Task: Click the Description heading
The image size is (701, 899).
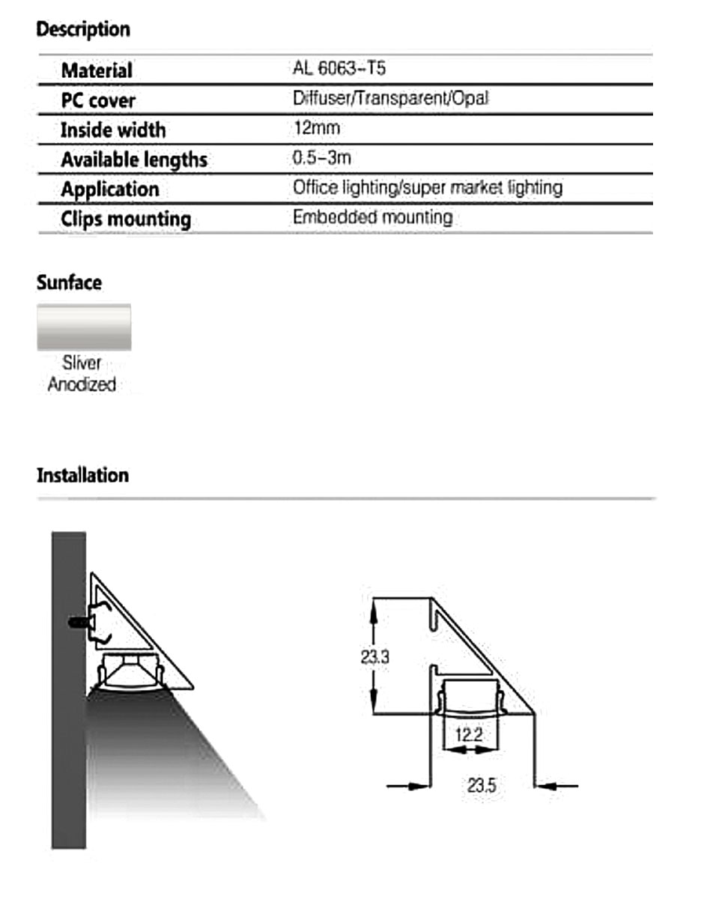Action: [x=83, y=30]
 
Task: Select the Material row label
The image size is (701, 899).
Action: [x=97, y=70]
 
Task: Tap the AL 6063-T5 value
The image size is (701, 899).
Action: [x=339, y=70]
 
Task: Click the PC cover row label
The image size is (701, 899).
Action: [x=98, y=100]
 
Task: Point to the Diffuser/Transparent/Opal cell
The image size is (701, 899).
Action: [x=391, y=99]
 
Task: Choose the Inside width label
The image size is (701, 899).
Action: [x=113, y=130]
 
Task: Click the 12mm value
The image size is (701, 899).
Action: [x=317, y=128]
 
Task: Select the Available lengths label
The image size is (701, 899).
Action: [x=134, y=160]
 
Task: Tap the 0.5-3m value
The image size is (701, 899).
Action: [x=322, y=158]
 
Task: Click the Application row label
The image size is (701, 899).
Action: [x=110, y=190]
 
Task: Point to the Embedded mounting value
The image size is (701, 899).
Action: [x=372, y=217]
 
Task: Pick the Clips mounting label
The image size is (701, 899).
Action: [x=126, y=220]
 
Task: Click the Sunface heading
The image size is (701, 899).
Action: [x=69, y=283]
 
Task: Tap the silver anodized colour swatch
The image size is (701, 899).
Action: [x=84, y=327]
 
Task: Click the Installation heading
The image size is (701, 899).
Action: [x=82, y=476]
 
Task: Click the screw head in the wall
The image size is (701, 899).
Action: [x=75, y=622]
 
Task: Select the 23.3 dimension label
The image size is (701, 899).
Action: [x=374, y=657]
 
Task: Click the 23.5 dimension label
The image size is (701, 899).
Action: [x=482, y=786]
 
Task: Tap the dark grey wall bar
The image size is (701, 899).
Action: [x=68, y=689]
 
